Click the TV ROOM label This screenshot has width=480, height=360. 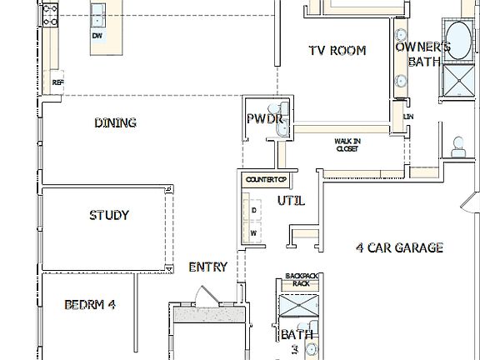pyautogui.click(x=337, y=51)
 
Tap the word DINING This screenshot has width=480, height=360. pyautogui.click(x=115, y=122)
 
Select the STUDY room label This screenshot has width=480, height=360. pyautogui.click(x=109, y=216)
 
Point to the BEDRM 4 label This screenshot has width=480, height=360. pyautogui.click(x=89, y=304)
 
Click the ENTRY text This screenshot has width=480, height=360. pyautogui.click(x=207, y=267)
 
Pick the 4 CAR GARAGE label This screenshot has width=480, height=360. pyautogui.click(x=399, y=247)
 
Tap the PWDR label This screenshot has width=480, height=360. pyautogui.click(x=266, y=119)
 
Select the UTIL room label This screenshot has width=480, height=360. pyautogui.click(x=291, y=201)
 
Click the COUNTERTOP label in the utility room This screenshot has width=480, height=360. pyautogui.click(x=266, y=179)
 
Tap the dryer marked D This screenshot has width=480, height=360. pyautogui.click(x=253, y=211)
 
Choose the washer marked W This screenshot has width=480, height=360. pyautogui.click(x=253, y=233)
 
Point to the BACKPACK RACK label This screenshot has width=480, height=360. pyautogui.click(x=301, y=279)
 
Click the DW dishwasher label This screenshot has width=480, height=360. pyautogui.click(x=97, y=37)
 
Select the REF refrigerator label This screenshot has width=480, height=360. pyautogui.click(x=57, y=82)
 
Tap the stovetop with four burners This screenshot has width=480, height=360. pyautogui.click(x=50, y=12)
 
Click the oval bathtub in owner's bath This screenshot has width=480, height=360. pyautogui.click(x=457, y=39)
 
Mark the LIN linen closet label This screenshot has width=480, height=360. pyautogui.click(x=408, y=117)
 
